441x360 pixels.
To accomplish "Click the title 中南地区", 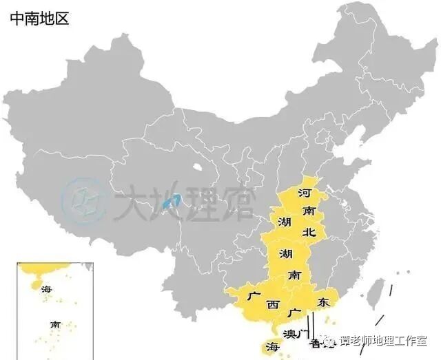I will coord(39,19).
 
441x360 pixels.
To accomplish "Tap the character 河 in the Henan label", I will coord(304,193).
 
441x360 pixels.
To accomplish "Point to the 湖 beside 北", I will coord(285,223).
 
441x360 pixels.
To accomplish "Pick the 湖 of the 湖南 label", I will coord(285,253).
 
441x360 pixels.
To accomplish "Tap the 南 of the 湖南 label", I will coord(294,274).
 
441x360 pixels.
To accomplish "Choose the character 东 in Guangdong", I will coord(323,302).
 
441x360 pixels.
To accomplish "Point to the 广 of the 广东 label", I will coord(297,314).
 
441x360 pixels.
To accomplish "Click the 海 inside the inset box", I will coord(47,288).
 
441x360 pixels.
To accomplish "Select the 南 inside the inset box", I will coord(55,324).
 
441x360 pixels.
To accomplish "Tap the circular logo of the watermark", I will coord(80,200).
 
